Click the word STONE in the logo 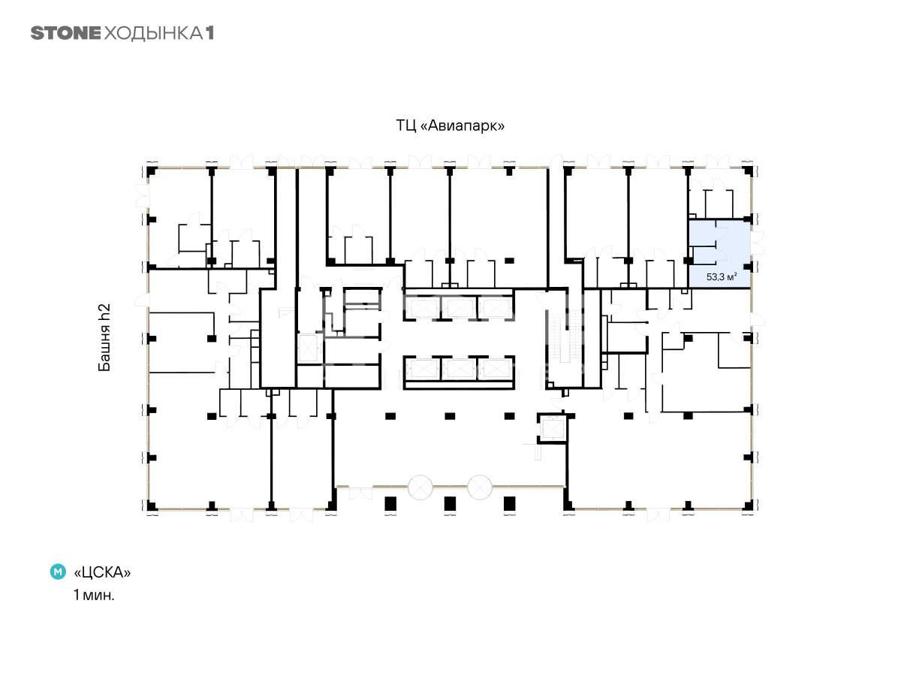pyautogui.click(x=65, y=33)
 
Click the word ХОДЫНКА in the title pyautogui.click(x=153, y=34)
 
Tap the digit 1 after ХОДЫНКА pyautogui.click(x=209, y=33)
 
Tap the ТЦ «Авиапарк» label pyautogui.click(x=450, y=125)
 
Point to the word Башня pyautogui.click(x=104, y=348)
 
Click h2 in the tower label pyautogui.click(x=104, y=312)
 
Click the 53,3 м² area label pyautogui.click(x=722, y=276)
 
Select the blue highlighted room pyautogui.click(x=719, y=253)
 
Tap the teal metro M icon pyautogui.click(x=58, y=572)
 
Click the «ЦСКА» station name pyautogui.click(x=102, y=572)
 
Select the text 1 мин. pyautogui.click(x=94, y=595)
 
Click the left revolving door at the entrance pyautogui.click(x=420, y=487)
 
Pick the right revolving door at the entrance pyautogui.click(x=480, y=487)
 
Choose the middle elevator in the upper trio pyautogui.click(x=459, y=308)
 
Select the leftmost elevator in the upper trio pyautogui.click(x=423, y=308)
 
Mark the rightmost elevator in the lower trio pyautogui.click(x=496, y=368)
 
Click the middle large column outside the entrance pyautogui.click(x=450, y=503)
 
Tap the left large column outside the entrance pyautogui.click(x=390, y=503)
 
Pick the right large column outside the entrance pyautogui.click(x=509, y=503)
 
